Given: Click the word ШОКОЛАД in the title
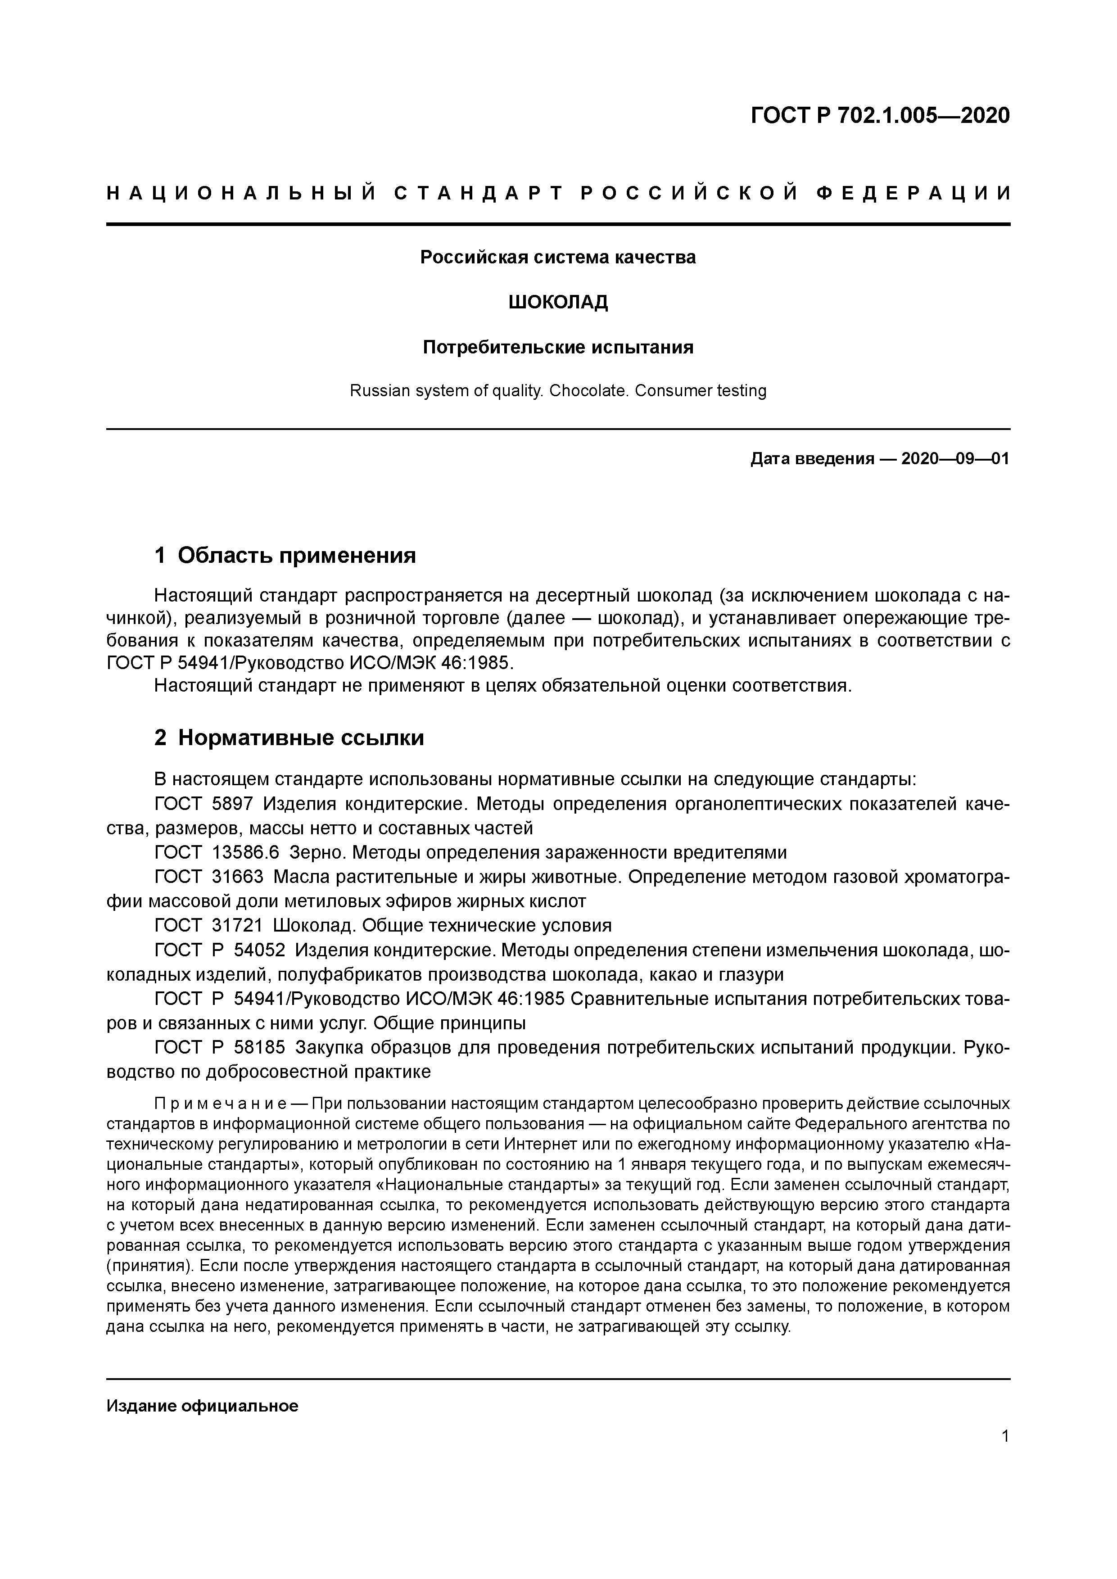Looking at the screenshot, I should click(558, 302).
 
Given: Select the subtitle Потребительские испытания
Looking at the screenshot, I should click(558, 347).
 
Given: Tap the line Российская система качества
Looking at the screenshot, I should click(558, 258).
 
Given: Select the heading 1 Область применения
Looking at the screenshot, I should click(285, 555).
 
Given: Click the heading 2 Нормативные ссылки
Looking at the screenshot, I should click(289, 738).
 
